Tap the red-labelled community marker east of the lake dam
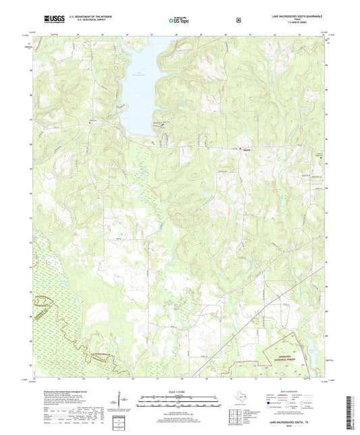tap(247, 149)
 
